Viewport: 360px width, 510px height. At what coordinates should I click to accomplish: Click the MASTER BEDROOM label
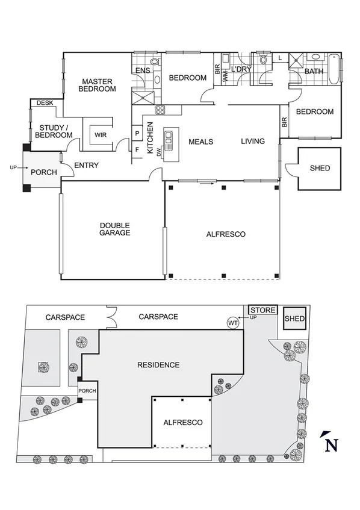(x=98, y=85)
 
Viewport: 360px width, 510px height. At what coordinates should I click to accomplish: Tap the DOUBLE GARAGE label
(x=114, y=229)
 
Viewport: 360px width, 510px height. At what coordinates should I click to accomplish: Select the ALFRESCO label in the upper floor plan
(x=226, y=234)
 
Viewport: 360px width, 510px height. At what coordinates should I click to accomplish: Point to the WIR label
(x=101, y=135)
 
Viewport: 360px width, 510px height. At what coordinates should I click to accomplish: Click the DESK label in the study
(x=45, y=104)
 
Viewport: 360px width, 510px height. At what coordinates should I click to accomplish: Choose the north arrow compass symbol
(x=329, y=443)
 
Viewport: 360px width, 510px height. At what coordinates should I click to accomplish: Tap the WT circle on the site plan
(x=234, y=323)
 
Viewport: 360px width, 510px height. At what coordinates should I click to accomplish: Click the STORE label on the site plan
(x=263, y=311)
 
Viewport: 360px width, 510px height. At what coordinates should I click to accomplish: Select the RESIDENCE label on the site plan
(x=158, y=365)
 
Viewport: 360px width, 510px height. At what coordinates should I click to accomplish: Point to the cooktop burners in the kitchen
(x=161, y=110)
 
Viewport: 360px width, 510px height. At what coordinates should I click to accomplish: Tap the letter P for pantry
(x=137, y=133)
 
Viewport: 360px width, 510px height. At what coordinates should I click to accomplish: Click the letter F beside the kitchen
(x=137, y=149)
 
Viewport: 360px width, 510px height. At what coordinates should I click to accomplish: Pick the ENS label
(x=143, y=71)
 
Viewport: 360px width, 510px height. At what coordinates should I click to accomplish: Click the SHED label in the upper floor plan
(x=320, y=168)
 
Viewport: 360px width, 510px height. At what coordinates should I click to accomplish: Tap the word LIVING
(x=253, y=141)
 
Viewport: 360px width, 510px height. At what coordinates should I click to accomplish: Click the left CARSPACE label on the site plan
(x=64, y=317)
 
